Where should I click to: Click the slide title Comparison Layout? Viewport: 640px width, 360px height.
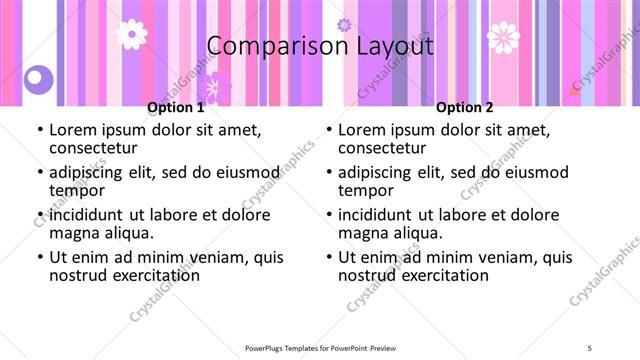[320, 47]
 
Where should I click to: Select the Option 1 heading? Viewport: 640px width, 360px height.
[176, 108]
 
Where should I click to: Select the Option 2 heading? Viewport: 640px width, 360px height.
[465, 108]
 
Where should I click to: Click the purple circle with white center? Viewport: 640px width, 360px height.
[39, 77]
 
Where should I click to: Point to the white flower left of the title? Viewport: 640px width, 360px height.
[131, 34]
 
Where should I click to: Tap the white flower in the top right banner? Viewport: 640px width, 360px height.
[503, 38]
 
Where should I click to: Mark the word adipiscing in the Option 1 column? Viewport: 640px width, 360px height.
[92, 173]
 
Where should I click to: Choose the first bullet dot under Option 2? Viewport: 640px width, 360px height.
[330, 131]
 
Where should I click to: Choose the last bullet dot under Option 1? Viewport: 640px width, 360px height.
[41, 258]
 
